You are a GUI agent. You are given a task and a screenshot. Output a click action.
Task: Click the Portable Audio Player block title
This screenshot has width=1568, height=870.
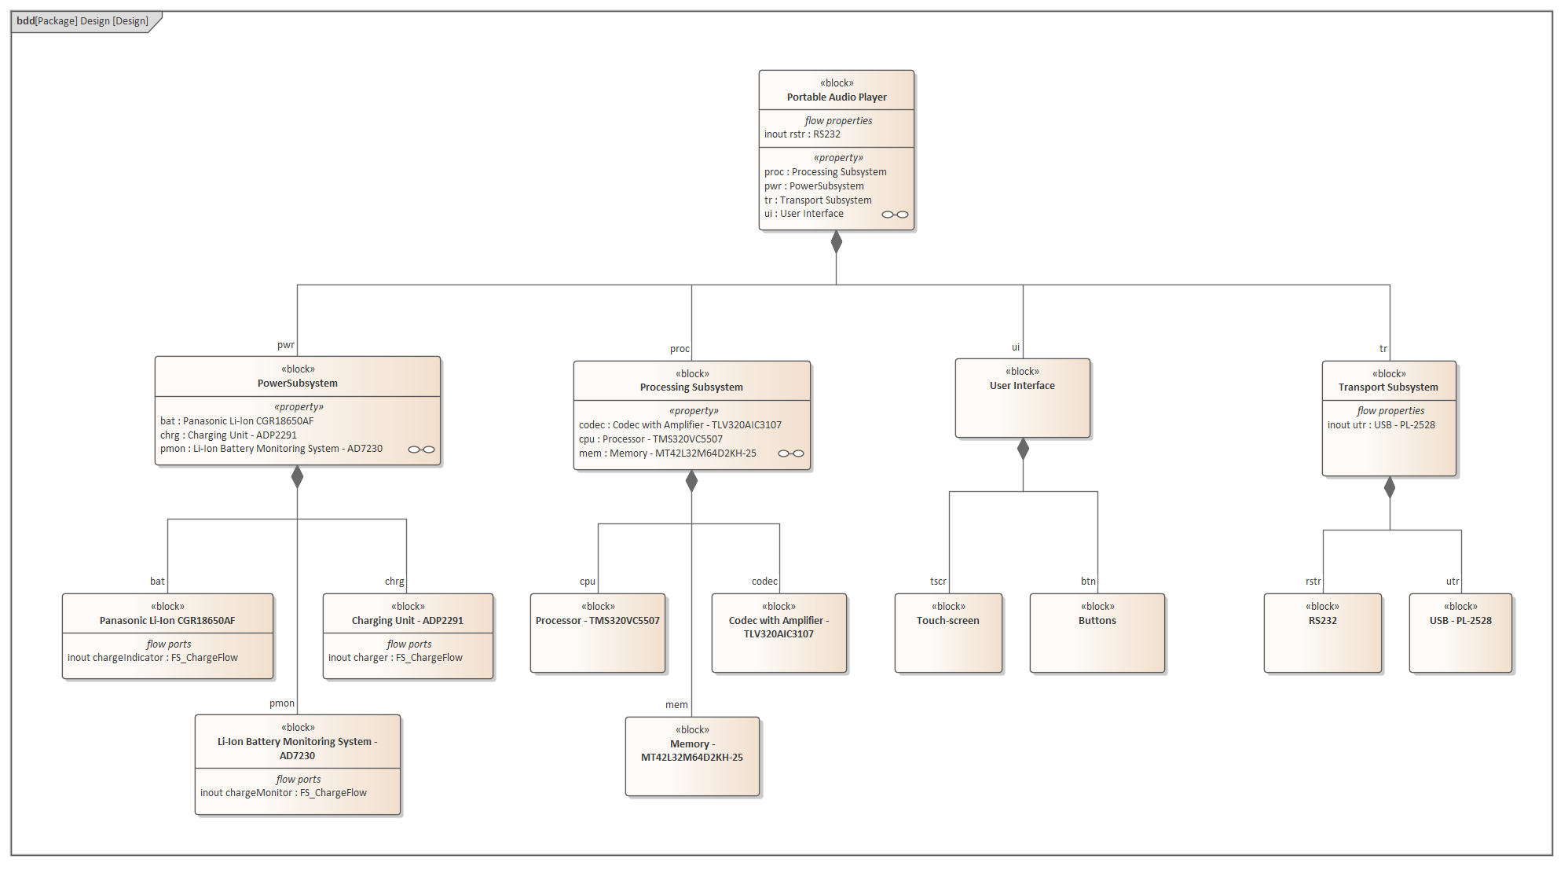(x=837, y=97)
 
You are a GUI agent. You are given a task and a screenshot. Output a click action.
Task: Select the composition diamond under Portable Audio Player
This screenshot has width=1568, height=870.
(x=837, y=242)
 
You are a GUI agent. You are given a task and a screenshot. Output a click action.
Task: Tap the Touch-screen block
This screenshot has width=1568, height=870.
(x=948, y=633)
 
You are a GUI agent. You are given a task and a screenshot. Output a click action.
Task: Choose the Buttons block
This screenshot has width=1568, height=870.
(x=1097, y=633)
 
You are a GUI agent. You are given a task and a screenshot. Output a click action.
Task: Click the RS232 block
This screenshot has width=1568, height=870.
(x=1322, y=633)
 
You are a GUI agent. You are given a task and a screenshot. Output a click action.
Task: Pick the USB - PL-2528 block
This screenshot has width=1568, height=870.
(x=1460, y=633)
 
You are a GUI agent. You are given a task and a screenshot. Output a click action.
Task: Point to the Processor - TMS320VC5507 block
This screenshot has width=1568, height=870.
(x=598, y=633)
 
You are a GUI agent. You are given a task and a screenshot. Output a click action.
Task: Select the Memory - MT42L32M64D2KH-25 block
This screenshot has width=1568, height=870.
(x=692, y=756)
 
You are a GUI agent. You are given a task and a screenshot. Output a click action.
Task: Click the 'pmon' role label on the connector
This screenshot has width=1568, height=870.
(x=282, y=703)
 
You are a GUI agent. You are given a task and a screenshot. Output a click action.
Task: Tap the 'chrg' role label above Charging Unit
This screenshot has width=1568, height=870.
(x=394, y=582)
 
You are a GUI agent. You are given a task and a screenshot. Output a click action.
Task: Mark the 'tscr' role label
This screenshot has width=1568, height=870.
(x=938, y=582)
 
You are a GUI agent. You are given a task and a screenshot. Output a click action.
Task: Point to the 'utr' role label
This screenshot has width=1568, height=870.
(x=1453, y=582)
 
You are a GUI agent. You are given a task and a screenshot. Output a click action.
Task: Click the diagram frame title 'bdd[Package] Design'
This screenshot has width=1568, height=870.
(x=82, y=21)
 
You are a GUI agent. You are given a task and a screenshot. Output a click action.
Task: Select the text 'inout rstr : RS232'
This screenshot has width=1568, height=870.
(x=802, y=134)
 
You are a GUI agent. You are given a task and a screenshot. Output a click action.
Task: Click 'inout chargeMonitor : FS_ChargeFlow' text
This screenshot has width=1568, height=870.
(x=284, y=793)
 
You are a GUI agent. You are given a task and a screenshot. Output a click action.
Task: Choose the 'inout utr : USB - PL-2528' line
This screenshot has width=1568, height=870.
(x=1381, y=425)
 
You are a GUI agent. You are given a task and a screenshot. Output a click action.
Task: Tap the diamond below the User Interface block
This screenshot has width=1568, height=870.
(x=1023, y=449)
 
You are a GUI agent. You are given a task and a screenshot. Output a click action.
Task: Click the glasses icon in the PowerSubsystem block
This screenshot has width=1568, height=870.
(x=421, y=450)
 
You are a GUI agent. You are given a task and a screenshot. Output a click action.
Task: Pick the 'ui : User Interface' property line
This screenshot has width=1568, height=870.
(x=804, y=214)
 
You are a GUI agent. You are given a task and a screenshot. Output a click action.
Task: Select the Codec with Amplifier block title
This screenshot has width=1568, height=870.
(x=779, y=627)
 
